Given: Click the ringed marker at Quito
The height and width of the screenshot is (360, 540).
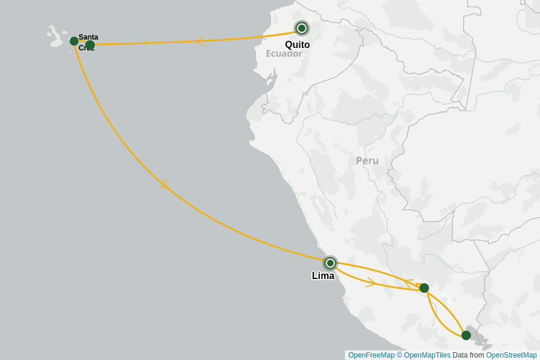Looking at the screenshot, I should (302, 28).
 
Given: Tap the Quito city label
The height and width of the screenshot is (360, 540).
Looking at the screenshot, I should (298, 44).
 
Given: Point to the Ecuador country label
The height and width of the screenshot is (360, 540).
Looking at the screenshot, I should (284, 53).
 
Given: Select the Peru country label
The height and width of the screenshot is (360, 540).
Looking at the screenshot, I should (367, 161).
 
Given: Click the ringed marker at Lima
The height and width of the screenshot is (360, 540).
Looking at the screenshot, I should (330, 263).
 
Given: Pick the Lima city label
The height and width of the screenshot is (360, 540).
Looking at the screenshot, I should (323, 276).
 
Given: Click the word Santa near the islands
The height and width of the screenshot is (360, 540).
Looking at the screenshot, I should (88, 37).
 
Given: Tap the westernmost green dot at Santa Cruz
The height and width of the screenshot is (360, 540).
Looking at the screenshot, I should (74, 41).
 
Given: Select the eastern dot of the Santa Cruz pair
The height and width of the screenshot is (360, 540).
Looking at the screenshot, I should (90, 45).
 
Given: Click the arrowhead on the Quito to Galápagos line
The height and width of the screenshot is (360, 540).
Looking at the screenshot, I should (200, 41).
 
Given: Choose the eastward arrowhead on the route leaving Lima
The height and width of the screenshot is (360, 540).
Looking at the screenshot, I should (371, 282).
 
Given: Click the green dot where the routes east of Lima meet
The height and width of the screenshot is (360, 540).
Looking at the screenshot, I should (424, 288).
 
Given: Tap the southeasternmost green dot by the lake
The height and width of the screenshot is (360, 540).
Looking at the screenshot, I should (466, 335).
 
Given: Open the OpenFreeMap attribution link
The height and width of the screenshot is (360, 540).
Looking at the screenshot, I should (371, 355).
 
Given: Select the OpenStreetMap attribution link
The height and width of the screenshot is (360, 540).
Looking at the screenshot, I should (511, 355).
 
